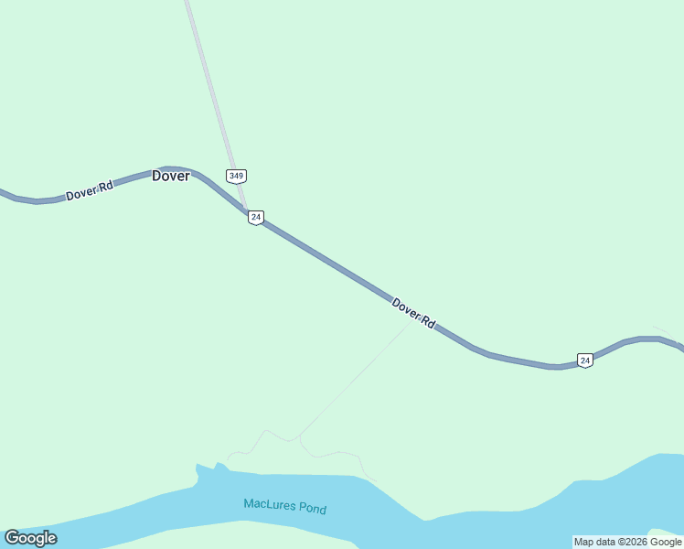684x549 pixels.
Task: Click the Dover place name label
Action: pyautogui.click(x=171, y=176)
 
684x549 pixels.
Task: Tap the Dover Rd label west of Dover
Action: pyautogui.click(x=90, y=190)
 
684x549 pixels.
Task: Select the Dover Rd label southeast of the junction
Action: pyautogui.click(x=413, y=313)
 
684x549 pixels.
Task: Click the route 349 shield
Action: pyautogui.click(x=237, y=176)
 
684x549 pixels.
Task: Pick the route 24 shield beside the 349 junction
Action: pyautogui.click(x=256, y=218)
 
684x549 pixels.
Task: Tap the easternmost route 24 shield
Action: pyautogui.click(x=585, y=360)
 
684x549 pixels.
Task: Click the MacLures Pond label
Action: pyautogui.click(x=284, y=506)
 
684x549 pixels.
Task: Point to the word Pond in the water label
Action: pyautogui.click(x=312, y=509)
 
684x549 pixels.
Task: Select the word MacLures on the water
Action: pyautogui.click(x=269, y=504)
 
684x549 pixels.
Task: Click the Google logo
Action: pyautogui.click(x=30, y=538)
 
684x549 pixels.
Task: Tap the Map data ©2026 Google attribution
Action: pyautogui.click(x=627, y=542)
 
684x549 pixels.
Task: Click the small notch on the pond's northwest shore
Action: pyautogui.click(x=218, y=466)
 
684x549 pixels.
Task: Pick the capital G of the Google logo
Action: pyautogui.click(x=12, y=538)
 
